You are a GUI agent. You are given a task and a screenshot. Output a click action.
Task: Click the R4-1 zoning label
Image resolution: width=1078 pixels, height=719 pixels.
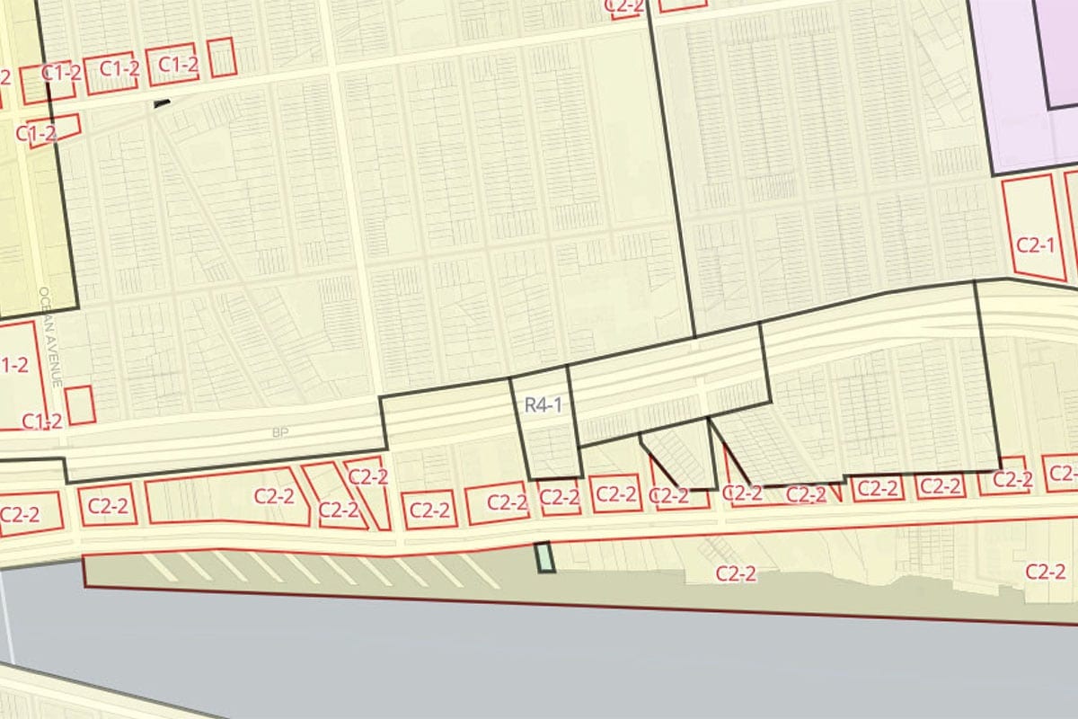pyautogui.click(x=543, y=404)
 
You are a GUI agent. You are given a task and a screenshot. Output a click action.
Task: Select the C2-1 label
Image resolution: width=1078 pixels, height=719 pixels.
pyautogui.click(x=1034, y=244)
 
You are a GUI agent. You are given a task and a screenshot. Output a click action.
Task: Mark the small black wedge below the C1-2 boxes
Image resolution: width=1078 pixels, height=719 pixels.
pyautogui.click(x=162, y=104)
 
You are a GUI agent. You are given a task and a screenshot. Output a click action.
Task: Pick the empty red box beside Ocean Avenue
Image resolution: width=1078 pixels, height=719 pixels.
pyautogui.click(x=80, y=404)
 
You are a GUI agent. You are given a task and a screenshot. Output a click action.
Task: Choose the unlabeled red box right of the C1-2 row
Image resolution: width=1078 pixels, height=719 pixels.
pyautogui.click(x=221, y=58)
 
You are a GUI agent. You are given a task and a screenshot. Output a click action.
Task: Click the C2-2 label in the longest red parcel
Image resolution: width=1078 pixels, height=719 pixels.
pyautogui.click(x=275, y=495)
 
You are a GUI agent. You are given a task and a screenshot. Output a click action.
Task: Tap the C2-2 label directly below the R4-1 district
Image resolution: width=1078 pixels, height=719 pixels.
pyautogui.click(x=559, y=495)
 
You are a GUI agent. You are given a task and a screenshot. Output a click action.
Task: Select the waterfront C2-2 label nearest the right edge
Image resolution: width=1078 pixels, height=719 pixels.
pyautogui.click(x=1045, y=571)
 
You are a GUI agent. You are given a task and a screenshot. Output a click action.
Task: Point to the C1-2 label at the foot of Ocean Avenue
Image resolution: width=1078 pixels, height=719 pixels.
pyautogui.click(x=42, y=421)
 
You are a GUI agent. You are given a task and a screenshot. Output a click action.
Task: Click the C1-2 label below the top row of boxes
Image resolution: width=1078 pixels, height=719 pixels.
pyautogui.click(x=37, y=133)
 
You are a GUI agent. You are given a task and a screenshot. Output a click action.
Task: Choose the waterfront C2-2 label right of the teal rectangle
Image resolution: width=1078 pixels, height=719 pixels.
pyautogui.click(x=736, y=574)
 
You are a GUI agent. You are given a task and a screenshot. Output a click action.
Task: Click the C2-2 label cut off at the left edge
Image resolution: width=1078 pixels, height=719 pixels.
pyautogui.click(x=18, y=515)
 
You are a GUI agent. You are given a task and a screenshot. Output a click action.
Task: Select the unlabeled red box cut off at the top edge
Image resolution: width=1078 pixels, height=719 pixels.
pyautogui.click(x=681, y=4)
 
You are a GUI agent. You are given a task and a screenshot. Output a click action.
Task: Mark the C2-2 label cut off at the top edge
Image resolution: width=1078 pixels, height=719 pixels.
pyautogui.click(x=624, y=5)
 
